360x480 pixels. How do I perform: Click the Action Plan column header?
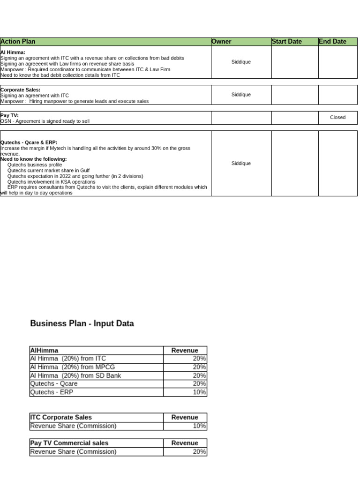[x=18, y=42]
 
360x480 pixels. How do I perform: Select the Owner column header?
[x=221, y=42]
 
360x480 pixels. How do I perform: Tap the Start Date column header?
[x=286, y=42]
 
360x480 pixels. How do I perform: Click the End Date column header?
[x=332, y=42]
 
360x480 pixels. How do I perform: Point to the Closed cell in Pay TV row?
[x=337, y=118]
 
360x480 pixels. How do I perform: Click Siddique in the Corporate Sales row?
[x=241, y=95]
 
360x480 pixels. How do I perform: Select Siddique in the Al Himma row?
[x=241, y=62]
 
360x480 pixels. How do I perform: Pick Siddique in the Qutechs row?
[x=241, y=164]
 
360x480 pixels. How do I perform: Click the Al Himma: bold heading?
[x=13, y=52]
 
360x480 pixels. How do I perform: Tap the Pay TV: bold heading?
[x=9, y=115]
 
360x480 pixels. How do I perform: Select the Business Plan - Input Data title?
[x=82, y=323]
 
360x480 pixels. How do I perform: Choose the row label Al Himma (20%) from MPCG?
[x=72, y=367]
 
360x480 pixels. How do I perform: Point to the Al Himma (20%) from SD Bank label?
[x=75, y=375]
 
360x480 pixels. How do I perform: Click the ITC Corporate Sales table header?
[x=61, y=417]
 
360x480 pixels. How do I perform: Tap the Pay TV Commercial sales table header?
[x=69, y=443]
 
